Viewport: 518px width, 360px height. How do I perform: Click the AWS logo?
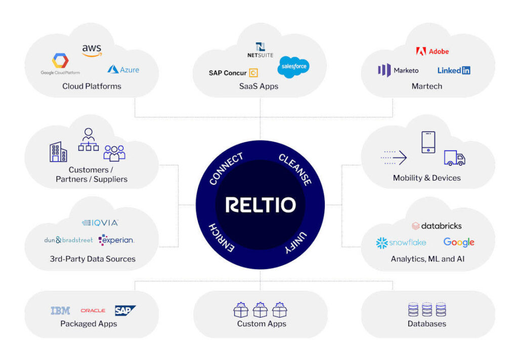(92, 51)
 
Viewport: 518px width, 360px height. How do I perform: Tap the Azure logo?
(123, 70)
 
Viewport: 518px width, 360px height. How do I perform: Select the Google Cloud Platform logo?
(60, 65)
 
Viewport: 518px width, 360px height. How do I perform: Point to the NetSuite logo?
(260, 50)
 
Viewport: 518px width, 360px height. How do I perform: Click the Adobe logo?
(432, 51)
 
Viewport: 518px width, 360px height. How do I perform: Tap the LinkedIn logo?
(454, 70)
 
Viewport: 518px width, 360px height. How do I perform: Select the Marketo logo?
(399, 70)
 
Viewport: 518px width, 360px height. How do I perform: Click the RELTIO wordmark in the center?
(260, 205)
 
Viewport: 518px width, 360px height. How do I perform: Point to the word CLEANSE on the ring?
(295, 170)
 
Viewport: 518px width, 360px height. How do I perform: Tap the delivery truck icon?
(454, 158)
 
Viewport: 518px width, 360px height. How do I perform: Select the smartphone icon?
(428, 142)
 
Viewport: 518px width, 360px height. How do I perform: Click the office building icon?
(58, 152)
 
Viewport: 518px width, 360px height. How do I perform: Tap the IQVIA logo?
(100, 222)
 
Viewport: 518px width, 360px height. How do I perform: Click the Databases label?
(427, 324)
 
